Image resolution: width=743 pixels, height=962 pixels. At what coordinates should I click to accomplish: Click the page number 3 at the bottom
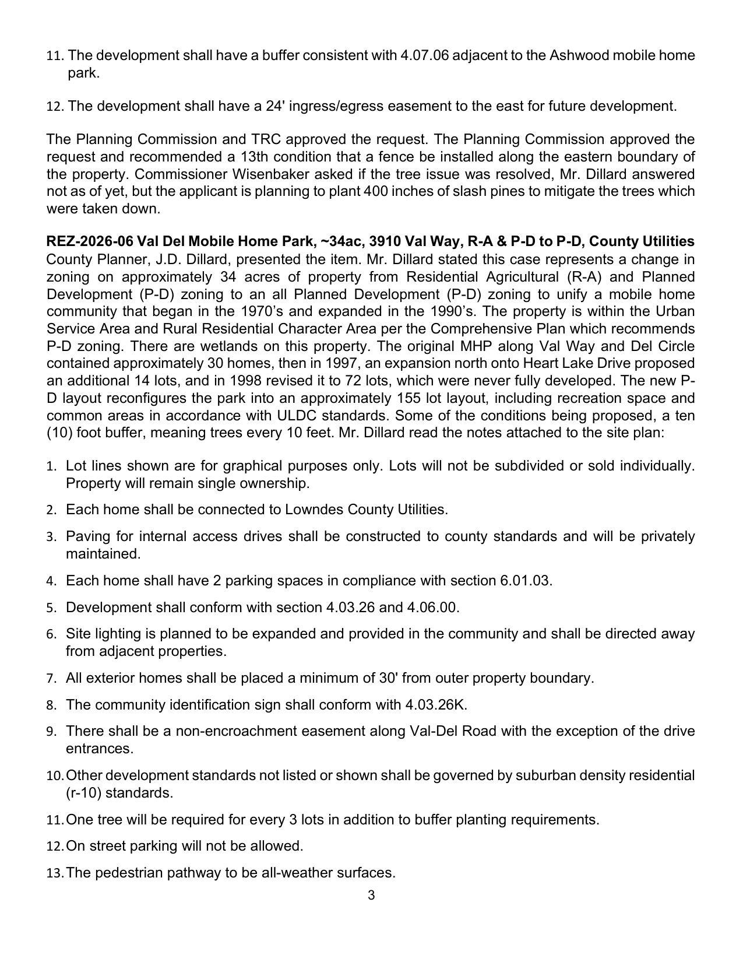point(371,896)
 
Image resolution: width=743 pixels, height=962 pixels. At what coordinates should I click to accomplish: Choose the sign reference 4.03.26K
point(436,704)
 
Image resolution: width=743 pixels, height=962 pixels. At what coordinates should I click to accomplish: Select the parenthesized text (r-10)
point(83,793)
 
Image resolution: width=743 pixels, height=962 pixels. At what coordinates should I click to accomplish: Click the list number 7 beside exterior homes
point(51,679)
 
